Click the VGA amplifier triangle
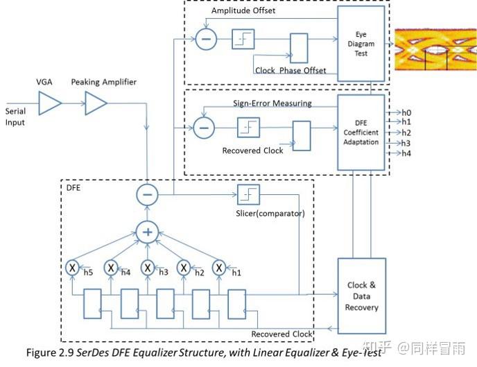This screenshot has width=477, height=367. tap(49, 103)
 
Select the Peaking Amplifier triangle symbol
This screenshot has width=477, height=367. tap(96, 103)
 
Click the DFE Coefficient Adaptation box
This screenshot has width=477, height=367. tap(360, 133)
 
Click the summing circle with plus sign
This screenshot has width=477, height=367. tap(147, 232)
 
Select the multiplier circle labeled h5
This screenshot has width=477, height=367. tap(71, 266)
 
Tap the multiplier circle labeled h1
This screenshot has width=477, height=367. tap(219, 266)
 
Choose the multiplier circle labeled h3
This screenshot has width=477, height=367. tap(147, 266)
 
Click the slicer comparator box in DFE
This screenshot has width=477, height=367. tap(248, 195)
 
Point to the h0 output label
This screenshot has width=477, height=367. tap(406, 112)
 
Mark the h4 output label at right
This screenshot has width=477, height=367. tap(406, 153)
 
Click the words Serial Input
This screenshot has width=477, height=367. tap(15, 117)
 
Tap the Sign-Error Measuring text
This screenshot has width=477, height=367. tap(272, 103)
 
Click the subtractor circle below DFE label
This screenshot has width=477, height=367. tap(147, 195)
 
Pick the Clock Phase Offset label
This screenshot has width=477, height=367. tap(290, 71)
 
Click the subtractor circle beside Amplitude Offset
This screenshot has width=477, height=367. tap(205, 40)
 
